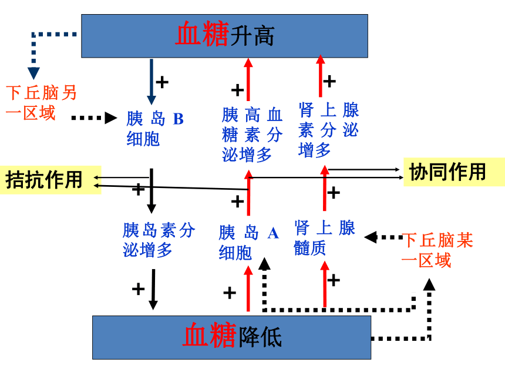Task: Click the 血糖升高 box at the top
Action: (224, 36)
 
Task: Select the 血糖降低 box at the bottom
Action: (231, 337)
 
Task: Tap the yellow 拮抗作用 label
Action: (51, 180)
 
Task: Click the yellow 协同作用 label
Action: (454, 172)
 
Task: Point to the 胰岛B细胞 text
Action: (155, 129)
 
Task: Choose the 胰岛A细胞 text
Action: (248, 242)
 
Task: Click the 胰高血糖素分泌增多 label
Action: (252, 135)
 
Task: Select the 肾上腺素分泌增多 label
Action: (328, 129)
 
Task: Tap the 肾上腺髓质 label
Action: (325, 237)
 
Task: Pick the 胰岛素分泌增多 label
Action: (159, 240)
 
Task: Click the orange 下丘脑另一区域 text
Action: (41, 103)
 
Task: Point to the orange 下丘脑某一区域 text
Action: (437, 250)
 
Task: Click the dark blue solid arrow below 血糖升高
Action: (151, 82)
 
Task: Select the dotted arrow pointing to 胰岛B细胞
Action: (94, 118)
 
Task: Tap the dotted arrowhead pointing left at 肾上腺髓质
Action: (371, 237)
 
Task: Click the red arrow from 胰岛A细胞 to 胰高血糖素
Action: (248, 193)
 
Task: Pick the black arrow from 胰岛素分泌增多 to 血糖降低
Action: (153, 290)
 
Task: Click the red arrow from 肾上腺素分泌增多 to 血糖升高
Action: (321, 76)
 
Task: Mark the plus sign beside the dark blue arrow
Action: (162, 82)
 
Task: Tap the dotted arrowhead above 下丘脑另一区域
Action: (33, 73)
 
